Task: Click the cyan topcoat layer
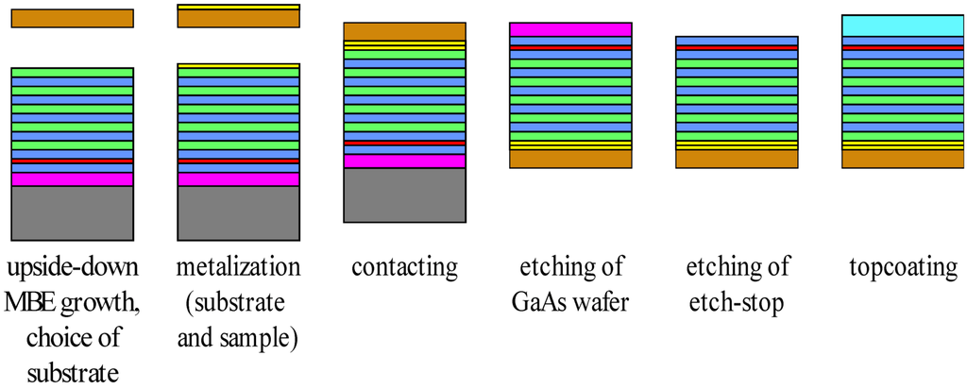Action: (x=902, y=25)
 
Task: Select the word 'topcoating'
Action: (x=902, y=268)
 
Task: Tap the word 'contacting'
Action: (x=404, y=268)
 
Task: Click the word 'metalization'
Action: (x=238, y=268)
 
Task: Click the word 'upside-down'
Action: (x=72, y=268)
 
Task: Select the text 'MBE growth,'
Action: (x=72, y=303)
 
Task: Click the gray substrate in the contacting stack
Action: (x=404, y=194)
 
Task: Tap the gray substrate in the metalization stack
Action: (x=238, y=212)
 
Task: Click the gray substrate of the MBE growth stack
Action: (x=72, y=212)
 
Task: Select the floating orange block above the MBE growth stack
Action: (x=72, y=18)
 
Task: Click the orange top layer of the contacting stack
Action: (x=404, y=31)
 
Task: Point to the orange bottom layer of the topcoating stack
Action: (x=902, y=160)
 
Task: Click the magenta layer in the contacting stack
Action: (x=404, y=161)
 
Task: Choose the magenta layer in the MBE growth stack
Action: (x=72, y=179)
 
